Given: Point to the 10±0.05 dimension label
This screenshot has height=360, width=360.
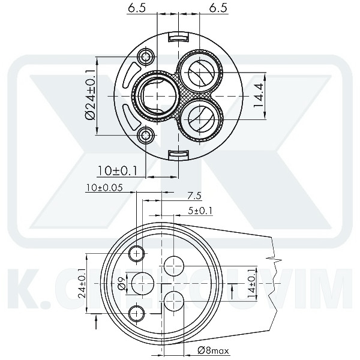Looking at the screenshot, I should pyautogui.click(x=104, y=187).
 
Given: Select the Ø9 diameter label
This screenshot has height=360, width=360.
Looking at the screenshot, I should pyautogui.click(x=121, y=283).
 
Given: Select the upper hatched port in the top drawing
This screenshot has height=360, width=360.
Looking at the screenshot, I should pyautogui.click(x=199, y=73).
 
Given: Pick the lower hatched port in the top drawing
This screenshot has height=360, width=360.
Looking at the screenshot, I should pyautogui.click(x=199, y=115).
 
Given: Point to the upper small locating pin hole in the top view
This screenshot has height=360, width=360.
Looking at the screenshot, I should pyautogui.click(x=146, y=58).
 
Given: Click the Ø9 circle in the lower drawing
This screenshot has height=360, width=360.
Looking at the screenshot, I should pyautogui.click(x=143, y=283).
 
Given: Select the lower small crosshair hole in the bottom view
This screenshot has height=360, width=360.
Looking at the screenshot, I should pyautogui.click(x=137, y=312).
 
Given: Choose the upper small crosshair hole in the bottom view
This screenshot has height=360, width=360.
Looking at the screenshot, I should pyautogui.click(x=137, y=254).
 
